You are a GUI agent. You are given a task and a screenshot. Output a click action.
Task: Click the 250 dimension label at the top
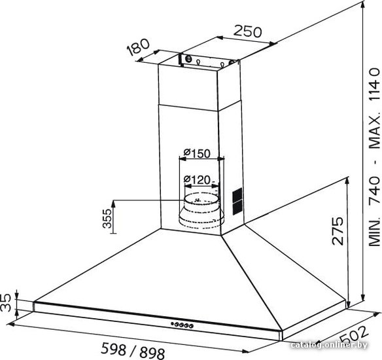tap(247, 31)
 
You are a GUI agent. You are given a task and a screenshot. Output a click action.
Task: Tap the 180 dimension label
tap(138, 47)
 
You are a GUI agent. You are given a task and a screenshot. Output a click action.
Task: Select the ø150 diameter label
tap(197, 153)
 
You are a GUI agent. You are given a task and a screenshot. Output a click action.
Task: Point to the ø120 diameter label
tap(197, 180)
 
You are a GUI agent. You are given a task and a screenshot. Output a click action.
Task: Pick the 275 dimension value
tap(338, 230)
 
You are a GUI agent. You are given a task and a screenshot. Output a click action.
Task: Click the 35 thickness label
tap(6, 302)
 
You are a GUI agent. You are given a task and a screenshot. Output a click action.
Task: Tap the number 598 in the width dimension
tap(114, 348)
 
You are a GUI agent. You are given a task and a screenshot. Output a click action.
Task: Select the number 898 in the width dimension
tap(152, 353)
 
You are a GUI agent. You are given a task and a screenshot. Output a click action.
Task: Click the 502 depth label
tap(353, 335)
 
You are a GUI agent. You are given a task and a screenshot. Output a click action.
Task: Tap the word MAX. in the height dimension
tap(375, 130)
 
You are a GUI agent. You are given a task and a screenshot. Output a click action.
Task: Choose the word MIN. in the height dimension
tap(375, 230)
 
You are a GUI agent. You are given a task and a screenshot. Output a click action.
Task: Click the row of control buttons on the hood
tap(182, 325)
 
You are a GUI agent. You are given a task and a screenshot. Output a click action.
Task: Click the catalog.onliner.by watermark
tap(329, 345)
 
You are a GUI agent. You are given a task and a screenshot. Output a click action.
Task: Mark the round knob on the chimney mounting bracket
tap(188, 58)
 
